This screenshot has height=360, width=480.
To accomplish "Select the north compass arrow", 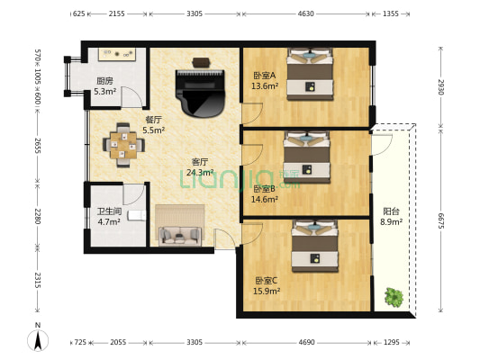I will point(36,339).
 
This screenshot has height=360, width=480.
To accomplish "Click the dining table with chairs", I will point(122,144).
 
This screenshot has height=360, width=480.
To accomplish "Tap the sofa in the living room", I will point(181,233).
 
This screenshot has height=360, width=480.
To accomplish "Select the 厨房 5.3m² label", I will point(105,85).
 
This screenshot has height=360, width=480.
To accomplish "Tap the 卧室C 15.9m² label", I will point(267,285).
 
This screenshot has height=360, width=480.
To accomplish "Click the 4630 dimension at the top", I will point(305,14).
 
